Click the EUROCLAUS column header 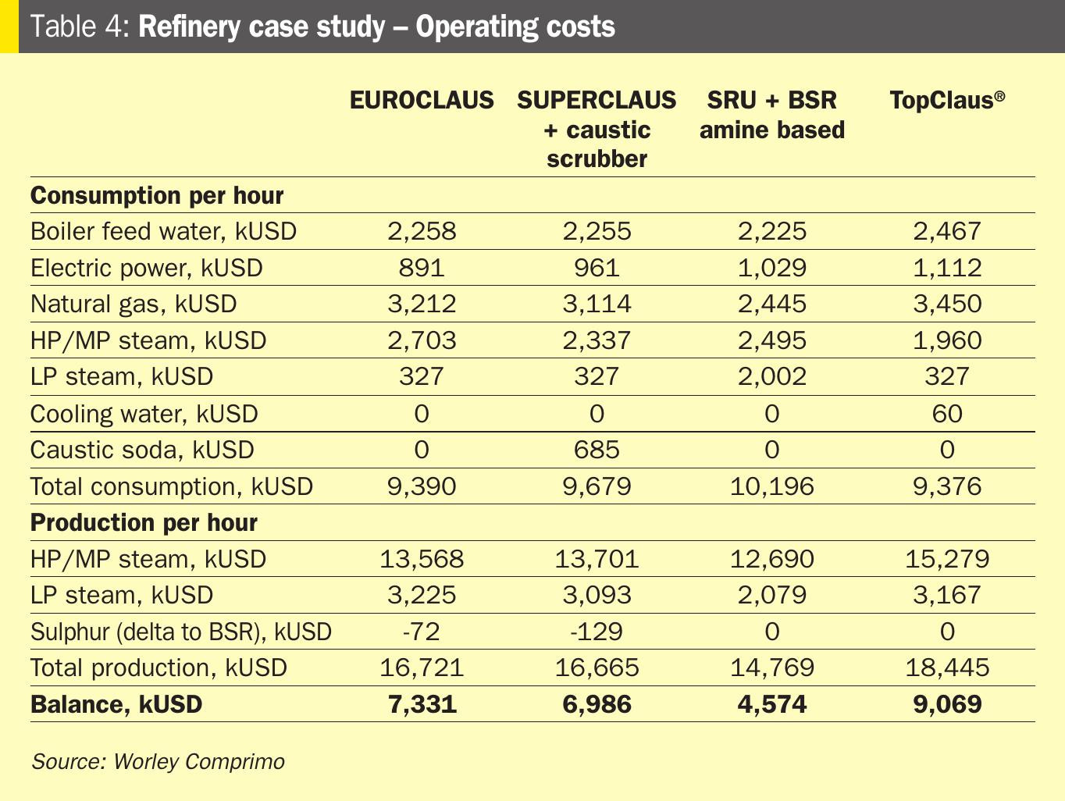coord(422,100)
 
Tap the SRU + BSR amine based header coord(771,115)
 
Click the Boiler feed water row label coord(163,232)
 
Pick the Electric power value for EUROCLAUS coord(422,268)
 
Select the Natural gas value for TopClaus coord(947,304)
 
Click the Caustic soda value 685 coord(597,450)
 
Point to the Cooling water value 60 coord(947,414)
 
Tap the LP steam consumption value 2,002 coord(771,376)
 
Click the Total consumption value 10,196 coord(771,486)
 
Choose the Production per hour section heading coord(144,522)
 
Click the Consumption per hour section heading coord(157,195)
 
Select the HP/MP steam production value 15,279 coord(947,559)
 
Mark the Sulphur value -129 coord(597,631)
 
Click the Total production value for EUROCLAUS coord(422,667)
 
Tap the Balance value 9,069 coord(947,704)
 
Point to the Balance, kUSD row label coord(116,704)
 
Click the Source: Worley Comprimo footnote coord(158,761)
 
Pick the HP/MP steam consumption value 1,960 coord(947,340)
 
